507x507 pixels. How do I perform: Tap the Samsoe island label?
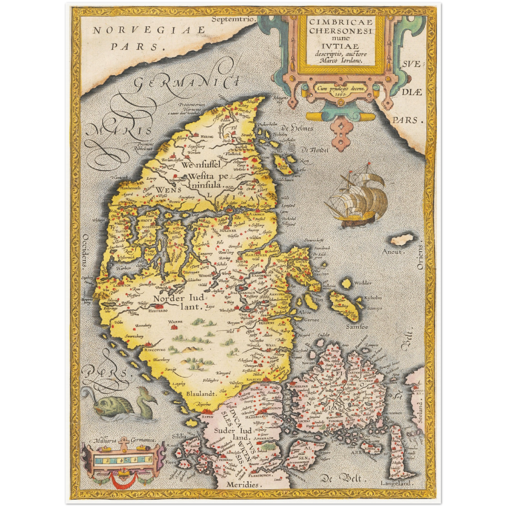(x=357, y=327)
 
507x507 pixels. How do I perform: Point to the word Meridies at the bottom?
(x=242, y=485)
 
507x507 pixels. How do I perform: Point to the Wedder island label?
(x=363, y=283)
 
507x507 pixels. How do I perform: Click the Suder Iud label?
(x=233, y=431)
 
